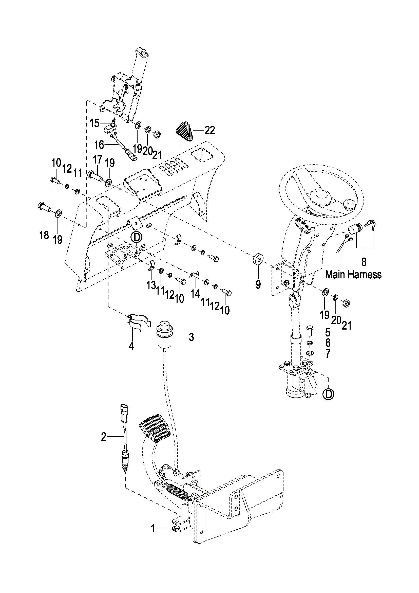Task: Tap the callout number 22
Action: (x=210, y=130)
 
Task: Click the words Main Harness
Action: (x=353, y=274)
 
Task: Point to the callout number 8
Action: (x=364, y=262)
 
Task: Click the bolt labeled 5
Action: (x=310, y=331)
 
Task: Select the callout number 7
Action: (x=328, y=354)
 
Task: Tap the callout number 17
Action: (x=98, y=160)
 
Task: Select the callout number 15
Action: (x=94, y=123)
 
